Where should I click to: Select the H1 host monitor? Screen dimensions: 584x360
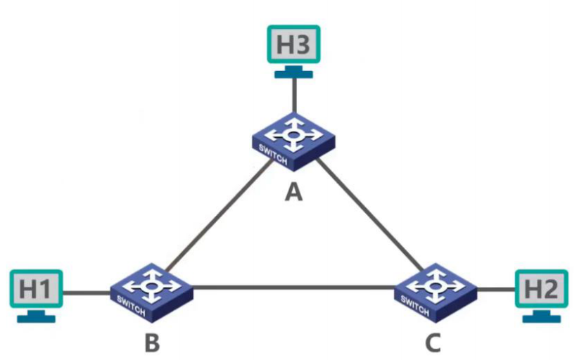(x=35, y=288)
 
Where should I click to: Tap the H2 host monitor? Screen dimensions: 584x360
(x=542, y=288)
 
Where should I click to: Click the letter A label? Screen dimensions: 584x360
(x=293, y=191)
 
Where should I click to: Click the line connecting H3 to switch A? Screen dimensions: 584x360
(x=293, y=95)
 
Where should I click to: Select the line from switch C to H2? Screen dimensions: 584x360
(x=496, y=288)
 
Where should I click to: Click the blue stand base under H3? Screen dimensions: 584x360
(x=293, y=74)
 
